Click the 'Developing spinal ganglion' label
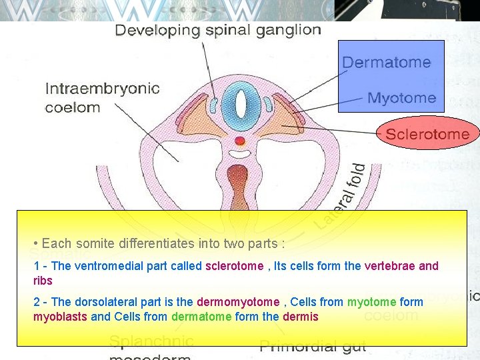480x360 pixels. click(x=218, y=30)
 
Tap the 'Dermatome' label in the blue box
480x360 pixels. click(x=386, y=62)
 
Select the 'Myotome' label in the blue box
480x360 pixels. click(x=401, y=98)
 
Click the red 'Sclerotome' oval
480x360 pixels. click(x=427, y=133)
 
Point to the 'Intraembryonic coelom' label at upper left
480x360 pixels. click(x=101, y=97)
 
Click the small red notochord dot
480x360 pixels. click(x=241, y=141)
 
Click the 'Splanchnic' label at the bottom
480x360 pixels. click(x=151, y=342)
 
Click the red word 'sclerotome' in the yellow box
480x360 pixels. click(x=234, y=266)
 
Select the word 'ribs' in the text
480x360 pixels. click(x=43, y=281)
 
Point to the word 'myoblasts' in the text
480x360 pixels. click(x=60, y=317)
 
